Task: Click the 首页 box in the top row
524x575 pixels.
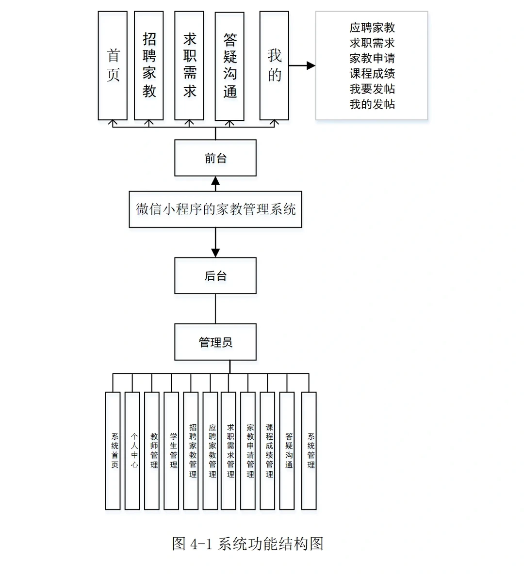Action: (x=113, y=65)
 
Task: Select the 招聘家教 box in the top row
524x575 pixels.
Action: (x=149, y=65)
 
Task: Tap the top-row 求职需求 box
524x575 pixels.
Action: (x=189, y=65)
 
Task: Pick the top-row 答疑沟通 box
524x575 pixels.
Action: (x=229, y=66)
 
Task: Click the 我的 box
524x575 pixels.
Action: (x=274, y=65)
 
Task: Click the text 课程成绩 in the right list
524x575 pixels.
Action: (x=372, y=74)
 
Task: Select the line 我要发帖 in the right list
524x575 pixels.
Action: (x=372, y=89)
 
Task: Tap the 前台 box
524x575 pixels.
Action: (x=215, y=158)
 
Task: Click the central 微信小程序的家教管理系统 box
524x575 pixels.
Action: (x=215, y=209)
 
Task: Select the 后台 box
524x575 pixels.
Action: (x=215, y=276)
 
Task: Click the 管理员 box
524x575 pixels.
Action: (x=215, y=342)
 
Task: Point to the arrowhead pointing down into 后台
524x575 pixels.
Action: (x=215, y=253)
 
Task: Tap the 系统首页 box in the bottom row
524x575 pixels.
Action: (x=113, y=451)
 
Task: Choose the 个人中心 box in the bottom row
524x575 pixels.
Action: (x=132, y=451)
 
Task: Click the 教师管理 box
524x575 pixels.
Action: (x=152, y=451)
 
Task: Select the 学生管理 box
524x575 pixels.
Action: (x=171, y=451)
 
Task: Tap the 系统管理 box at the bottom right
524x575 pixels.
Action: (x=309, y=451)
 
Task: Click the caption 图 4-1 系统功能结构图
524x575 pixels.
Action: (x=247, y=543)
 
